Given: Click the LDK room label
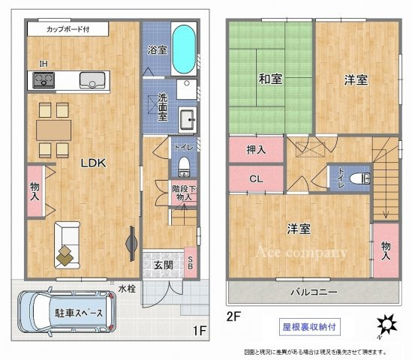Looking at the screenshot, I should click(94, 162).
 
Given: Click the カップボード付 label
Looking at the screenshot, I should click(68, 30).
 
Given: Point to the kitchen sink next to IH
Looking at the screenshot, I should click(92, 79).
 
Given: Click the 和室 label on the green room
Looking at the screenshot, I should click(270, 79).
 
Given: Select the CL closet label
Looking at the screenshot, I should click(256, 179).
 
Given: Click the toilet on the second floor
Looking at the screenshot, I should click(362, 178).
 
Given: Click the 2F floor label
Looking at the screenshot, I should click(236, 317).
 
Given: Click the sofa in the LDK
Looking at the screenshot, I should click(66, 244).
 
